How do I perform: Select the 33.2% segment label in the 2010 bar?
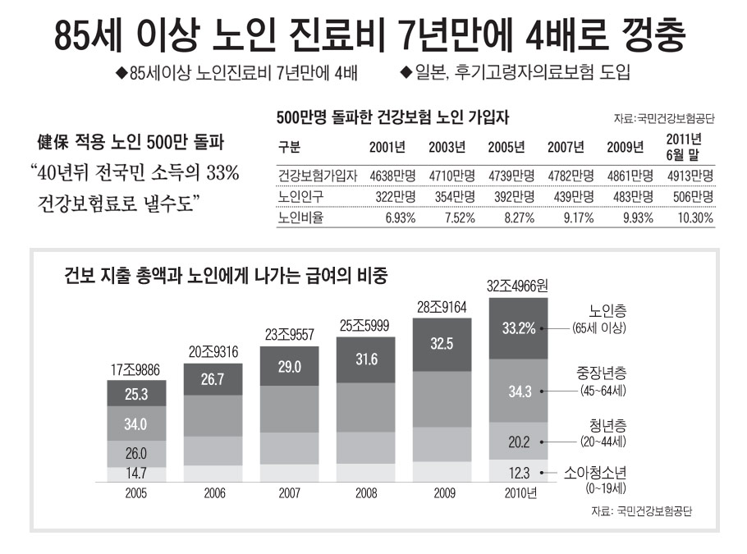point(519,328)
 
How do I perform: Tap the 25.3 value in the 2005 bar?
point(136,394)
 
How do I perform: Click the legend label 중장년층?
point(602,373)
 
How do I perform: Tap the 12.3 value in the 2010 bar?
point(519,472)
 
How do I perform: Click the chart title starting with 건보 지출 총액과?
point(227,275)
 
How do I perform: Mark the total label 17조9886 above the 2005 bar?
point(136,369)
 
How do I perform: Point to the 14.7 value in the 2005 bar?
point(136,474)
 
